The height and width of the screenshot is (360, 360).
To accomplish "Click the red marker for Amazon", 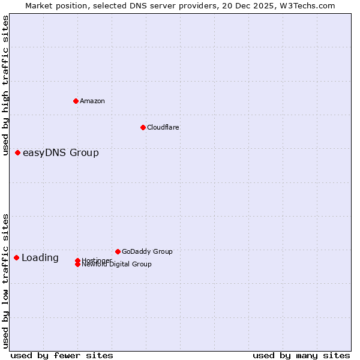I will click(x=76, y=101).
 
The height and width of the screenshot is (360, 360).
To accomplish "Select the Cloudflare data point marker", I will click(x=143, y=127).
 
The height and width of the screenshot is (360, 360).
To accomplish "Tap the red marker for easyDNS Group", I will click(x=17, y=153).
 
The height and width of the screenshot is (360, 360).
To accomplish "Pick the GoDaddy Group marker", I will click(x=118, y=251).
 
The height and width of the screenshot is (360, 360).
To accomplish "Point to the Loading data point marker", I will click(x=16, y=257).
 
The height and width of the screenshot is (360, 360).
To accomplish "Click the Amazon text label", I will click(x=92, y=101).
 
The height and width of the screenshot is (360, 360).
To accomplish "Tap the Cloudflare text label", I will click(x=163, y=127).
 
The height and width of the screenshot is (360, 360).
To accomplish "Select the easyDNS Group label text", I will click(x=61, y=153).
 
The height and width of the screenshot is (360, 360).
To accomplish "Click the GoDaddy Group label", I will click(x=147, y=251).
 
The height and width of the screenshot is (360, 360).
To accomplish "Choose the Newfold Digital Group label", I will click(x=116, y=265).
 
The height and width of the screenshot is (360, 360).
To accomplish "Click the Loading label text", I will click(x=40, y=258).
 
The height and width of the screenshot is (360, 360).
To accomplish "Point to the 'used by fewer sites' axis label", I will click(x=62, y=355).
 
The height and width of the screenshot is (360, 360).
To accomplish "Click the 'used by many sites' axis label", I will click(x=301, y=355).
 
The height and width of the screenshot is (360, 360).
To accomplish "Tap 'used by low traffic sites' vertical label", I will click(x=6, y=280).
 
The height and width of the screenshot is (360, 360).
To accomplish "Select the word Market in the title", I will click(x=38, y=5).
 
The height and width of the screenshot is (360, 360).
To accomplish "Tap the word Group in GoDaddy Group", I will click(x=162, y=251).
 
